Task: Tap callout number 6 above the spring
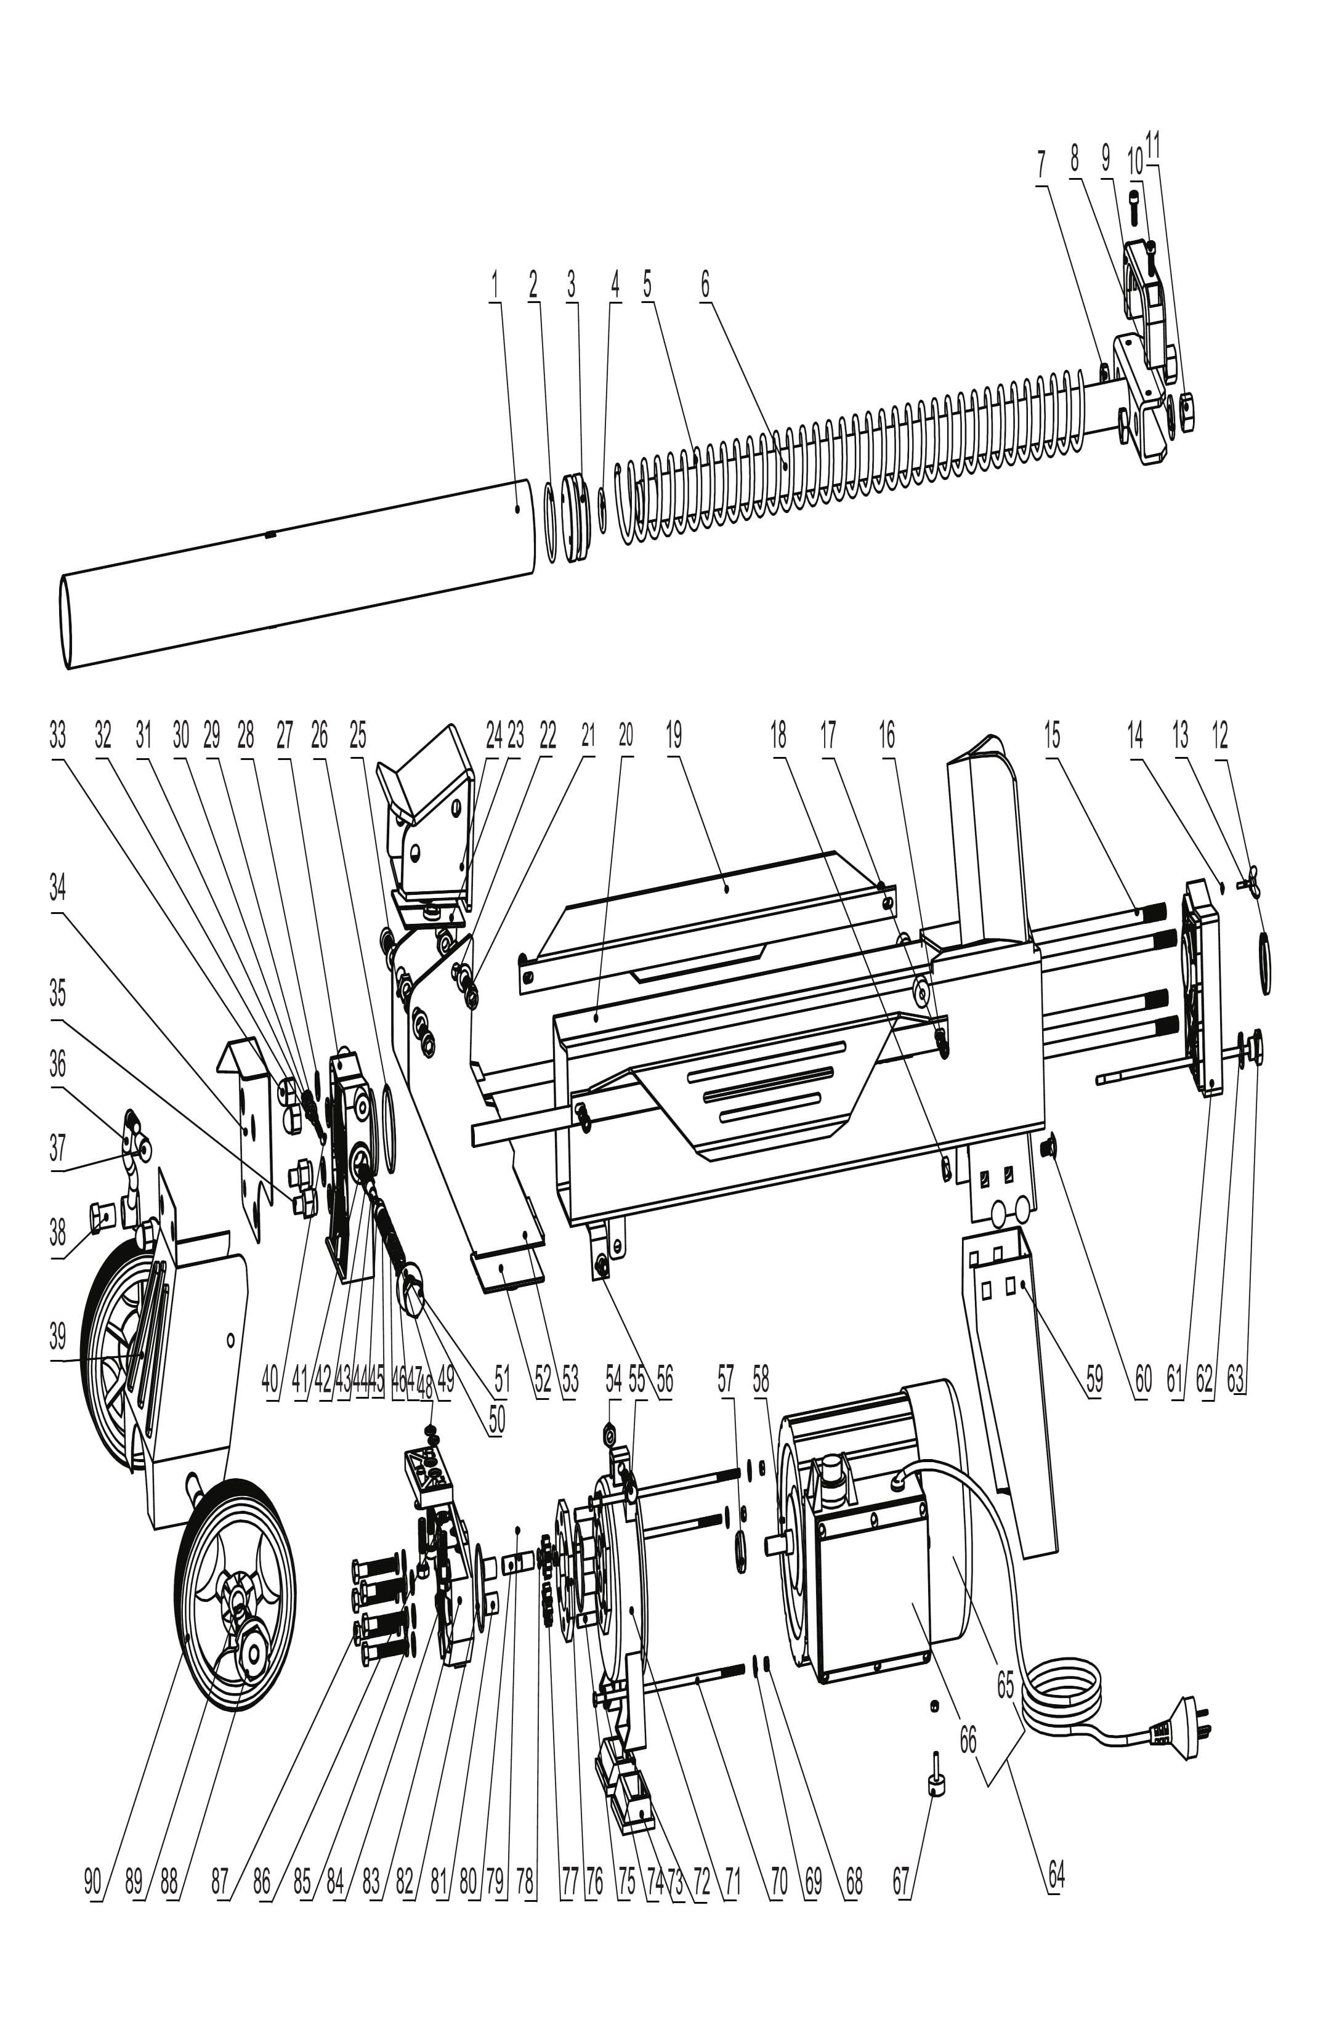tap(705, 284)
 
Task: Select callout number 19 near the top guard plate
tap(674, 736)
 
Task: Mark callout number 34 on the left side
tap(57, 888)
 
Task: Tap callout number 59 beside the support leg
tap(1093, 1379)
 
